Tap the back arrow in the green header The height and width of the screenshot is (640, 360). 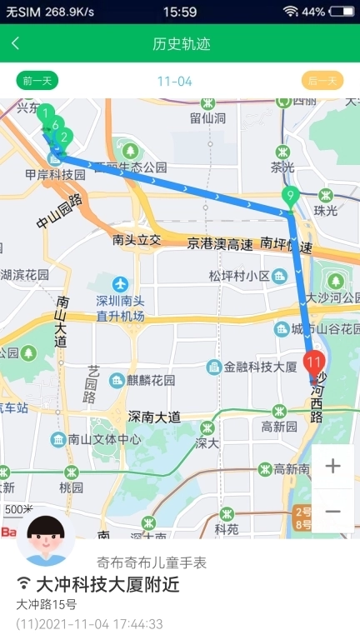tap(16, 43)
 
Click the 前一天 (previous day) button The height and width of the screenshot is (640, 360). tap(37, 81)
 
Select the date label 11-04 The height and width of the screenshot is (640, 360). tap(174, 81)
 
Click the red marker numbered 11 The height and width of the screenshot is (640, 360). tap(314, 362)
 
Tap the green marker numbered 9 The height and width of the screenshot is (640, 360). tap(291, 197)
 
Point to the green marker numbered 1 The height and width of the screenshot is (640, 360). tap(47, 112)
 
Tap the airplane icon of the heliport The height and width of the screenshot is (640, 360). tap(122, 283)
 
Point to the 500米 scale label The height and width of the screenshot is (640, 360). tap(17, 509)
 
